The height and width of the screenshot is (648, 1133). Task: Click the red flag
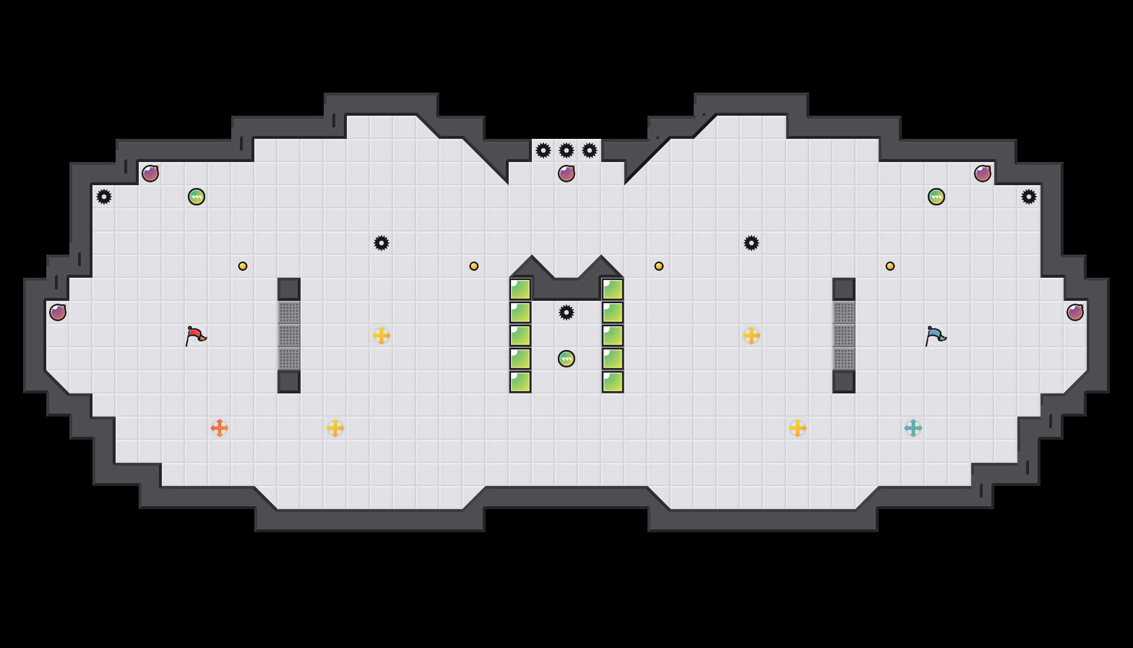(x=195, y=336)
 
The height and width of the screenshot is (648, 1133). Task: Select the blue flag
(x=935, y=336)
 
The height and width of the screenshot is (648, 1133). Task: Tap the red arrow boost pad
(x=220, y=428)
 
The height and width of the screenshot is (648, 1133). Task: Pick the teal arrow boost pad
(x=913, y=428)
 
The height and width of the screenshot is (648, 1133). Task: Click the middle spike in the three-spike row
(x=566, y=150)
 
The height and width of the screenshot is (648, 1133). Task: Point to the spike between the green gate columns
(x=566, y=312)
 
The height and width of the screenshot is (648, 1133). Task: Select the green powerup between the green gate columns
(x=566, y=359)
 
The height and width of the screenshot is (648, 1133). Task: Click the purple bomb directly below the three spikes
(x=566, y=174)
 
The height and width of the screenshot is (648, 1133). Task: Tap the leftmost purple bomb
(x=58, y=312)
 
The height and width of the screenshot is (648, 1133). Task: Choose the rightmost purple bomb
(x=1075, y=312)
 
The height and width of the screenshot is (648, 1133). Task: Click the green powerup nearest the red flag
(x=197, y=197)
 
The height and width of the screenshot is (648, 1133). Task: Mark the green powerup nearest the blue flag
(x=936, y=197)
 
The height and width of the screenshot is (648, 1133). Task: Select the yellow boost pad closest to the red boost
(x=335, y=428)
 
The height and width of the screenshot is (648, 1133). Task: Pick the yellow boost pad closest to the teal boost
(x=798, y=428)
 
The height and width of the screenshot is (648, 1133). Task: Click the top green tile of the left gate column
(x=520, y=289)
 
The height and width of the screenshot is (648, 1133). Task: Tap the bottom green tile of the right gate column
(x=613, y=382)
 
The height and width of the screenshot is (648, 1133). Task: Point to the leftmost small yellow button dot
(x=243, y=266)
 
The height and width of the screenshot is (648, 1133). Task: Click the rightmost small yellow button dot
(x=890, y=266)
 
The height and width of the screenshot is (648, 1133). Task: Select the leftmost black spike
(x=104, y=197)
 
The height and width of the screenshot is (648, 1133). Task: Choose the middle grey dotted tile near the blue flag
(x=844, y=336)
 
